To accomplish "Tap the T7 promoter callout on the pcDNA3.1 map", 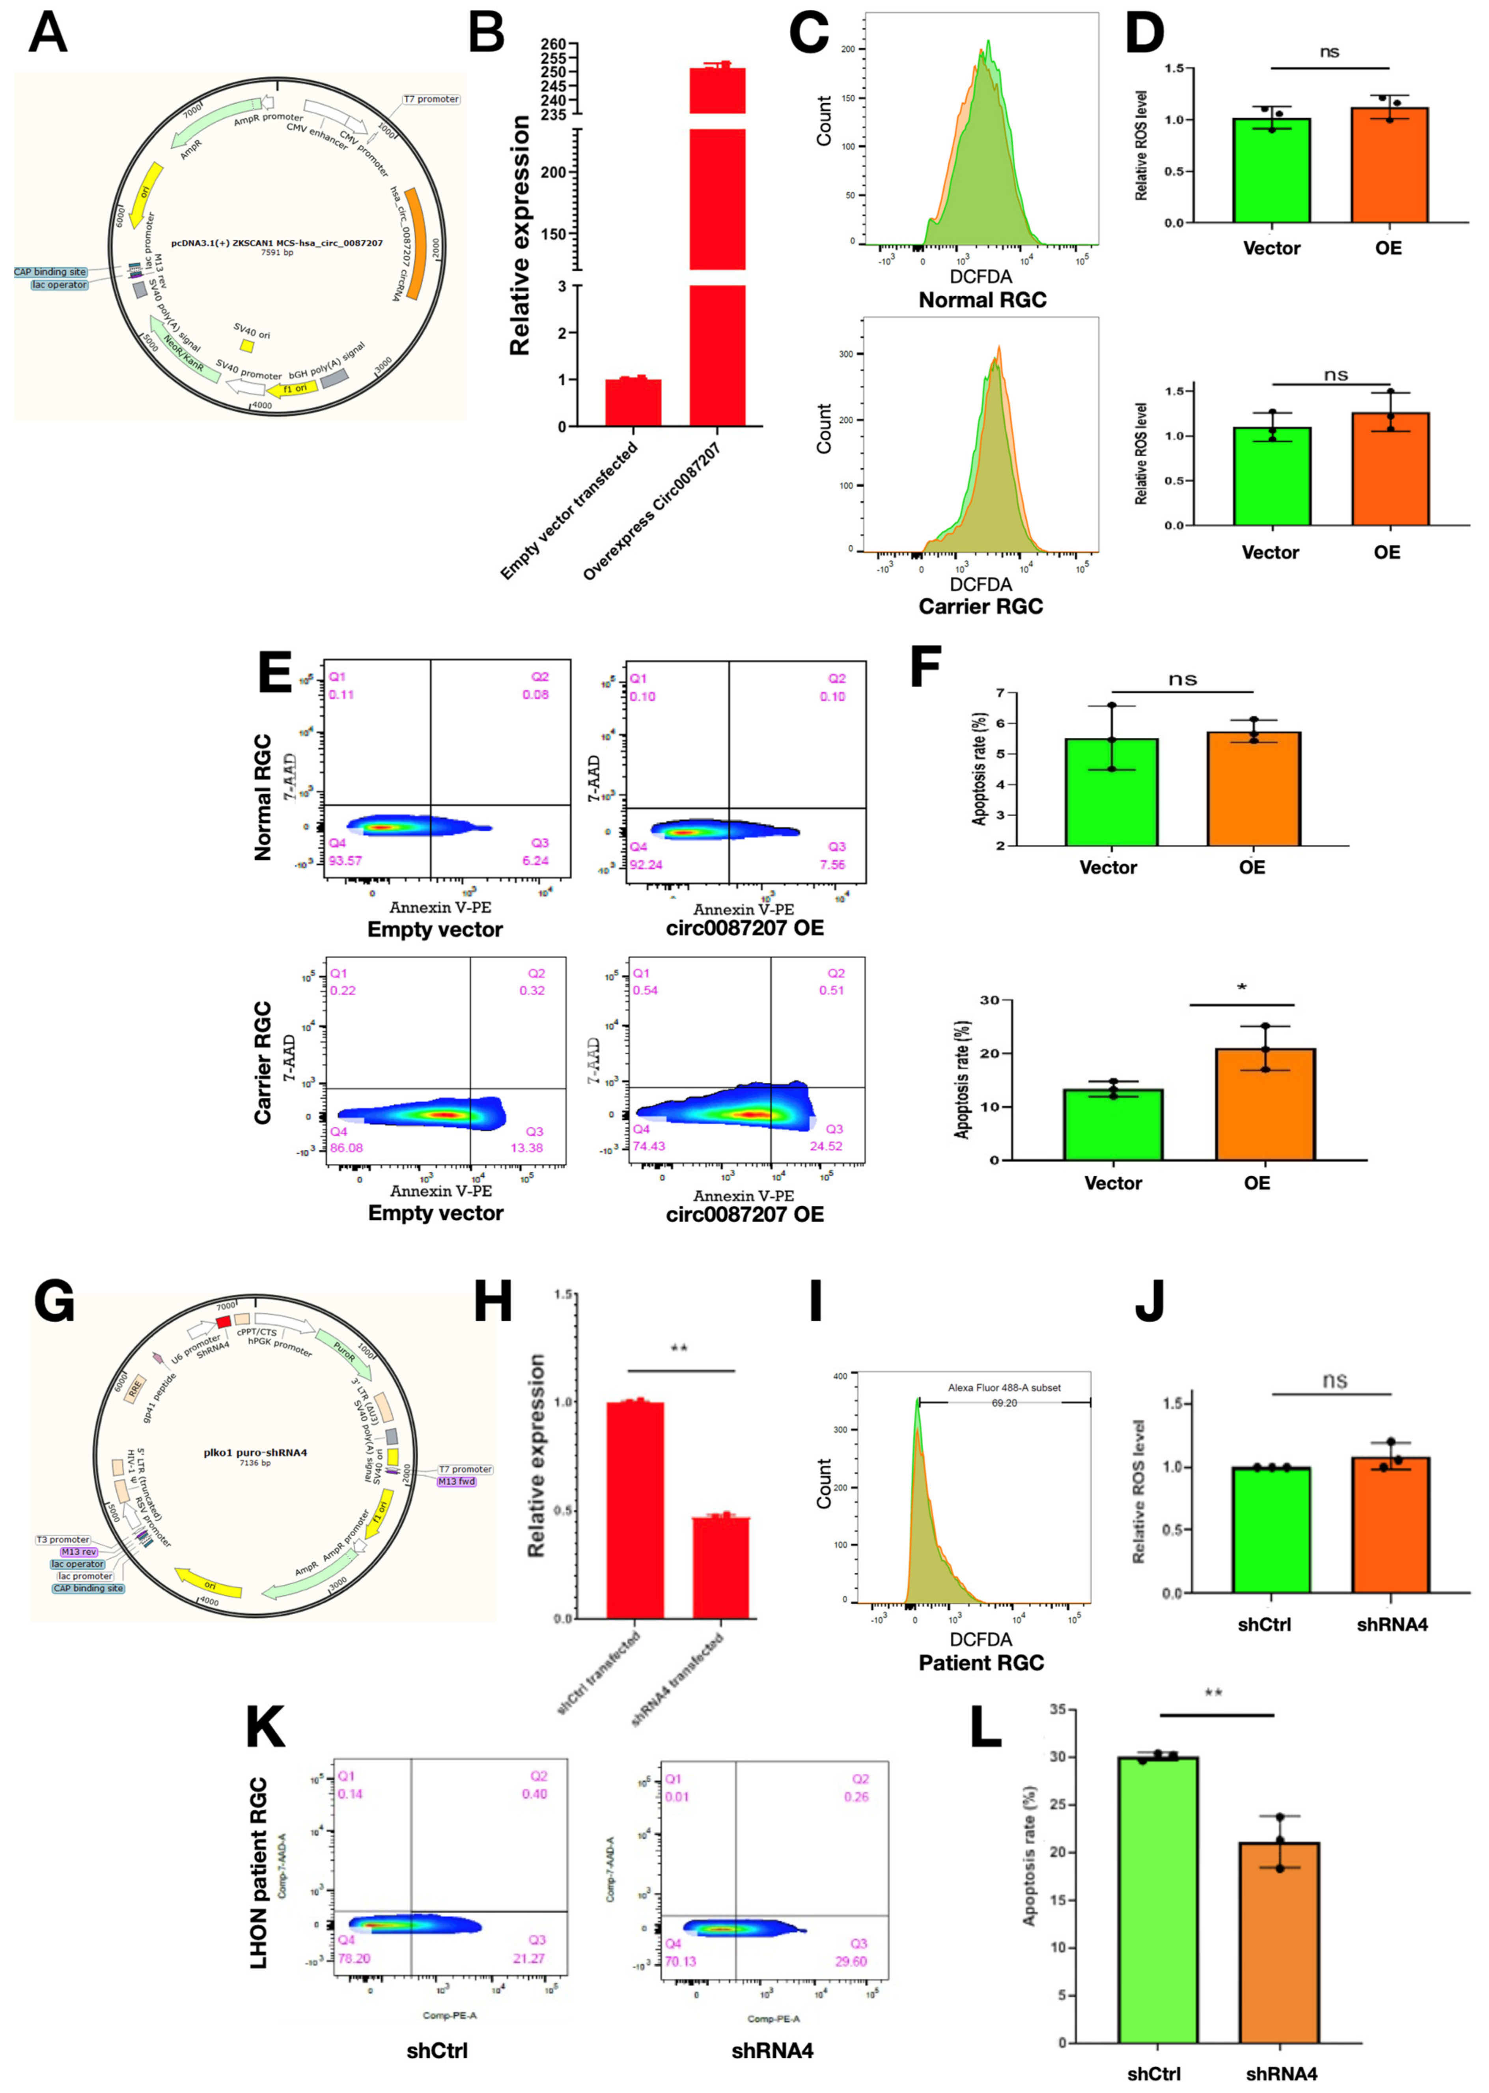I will coord(431,99).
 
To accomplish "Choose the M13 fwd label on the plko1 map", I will coord(456,1481).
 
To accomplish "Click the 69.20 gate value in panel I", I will coord(1004,1403).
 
